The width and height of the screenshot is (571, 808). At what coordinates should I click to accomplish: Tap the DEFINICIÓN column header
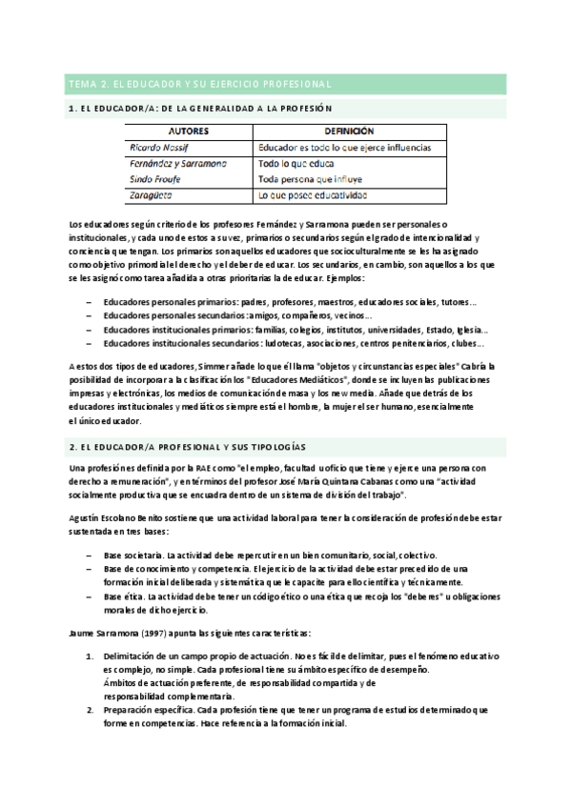click(x=349, y=131)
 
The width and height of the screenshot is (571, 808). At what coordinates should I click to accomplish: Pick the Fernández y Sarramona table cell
click(x=178, y=164)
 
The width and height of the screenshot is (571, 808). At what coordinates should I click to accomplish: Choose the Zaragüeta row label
click(x=151, y=195)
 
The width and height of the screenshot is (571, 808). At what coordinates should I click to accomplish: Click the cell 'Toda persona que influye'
click(x=313, y=179)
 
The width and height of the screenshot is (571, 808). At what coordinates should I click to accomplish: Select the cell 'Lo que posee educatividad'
click(x=313, y=195)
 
